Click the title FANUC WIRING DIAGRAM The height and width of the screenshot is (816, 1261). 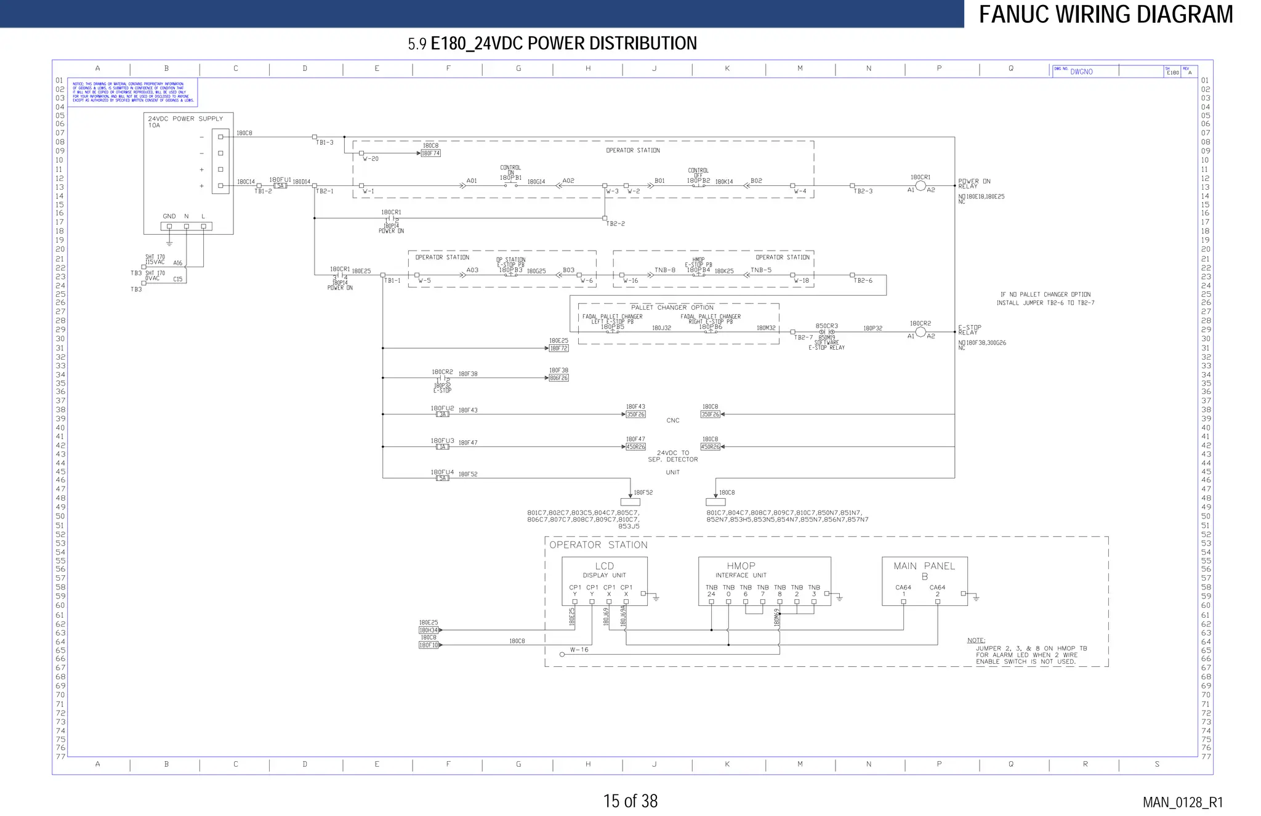(x=1106, y=14)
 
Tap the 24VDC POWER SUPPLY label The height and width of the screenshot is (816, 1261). (x=185, y=119)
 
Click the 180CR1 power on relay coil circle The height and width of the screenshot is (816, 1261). (x=921, y=185)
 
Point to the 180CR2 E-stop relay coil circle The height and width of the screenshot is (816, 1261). (x=921, y=332)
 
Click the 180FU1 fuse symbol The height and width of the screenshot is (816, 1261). (x=280, y=186)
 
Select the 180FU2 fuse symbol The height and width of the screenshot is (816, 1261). (x=443, y=414)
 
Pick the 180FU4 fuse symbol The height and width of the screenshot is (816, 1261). (x=443, y=479)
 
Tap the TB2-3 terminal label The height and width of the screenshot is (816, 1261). (x=863, y=192)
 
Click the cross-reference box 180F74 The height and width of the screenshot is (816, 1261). (x=431, y=153)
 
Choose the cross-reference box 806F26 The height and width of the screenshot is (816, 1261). (x=558, y=378)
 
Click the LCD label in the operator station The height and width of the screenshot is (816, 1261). (x=604, y=566)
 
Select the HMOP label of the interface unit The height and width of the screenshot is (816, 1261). (x=741, y=566)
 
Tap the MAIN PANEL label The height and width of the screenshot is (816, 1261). (x=924, y=566)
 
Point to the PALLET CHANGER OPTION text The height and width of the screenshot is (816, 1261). (x=672, y=307)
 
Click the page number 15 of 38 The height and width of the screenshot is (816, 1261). (x=630, y=801)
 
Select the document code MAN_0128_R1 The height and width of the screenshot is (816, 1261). (x=1182, y=802)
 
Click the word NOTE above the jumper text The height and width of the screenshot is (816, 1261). (x=976, y=640)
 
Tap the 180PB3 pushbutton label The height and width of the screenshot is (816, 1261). (x=510, y=270)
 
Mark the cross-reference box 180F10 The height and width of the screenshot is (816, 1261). (x=429, y=645)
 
